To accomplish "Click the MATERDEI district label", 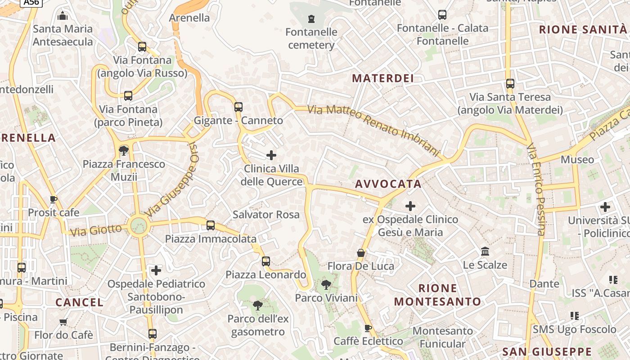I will tap(382, 78).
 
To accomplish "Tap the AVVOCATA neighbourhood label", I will tap(388, 184).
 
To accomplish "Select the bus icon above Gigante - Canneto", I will tap(238, 107).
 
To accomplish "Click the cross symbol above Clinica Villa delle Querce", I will tap(271, 155).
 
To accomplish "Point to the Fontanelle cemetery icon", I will tap(311, 19).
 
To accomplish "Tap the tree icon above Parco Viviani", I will tap(326, 284).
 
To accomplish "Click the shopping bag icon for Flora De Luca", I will tap(360, 253).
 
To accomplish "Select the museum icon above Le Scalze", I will tap(485, 251).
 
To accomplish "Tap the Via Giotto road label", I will tap(96, 230).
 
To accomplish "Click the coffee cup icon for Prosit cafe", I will tap(54, 199).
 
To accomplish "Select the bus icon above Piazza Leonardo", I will tap(266, 261).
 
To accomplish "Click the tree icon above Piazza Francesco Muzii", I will tap(124, 150).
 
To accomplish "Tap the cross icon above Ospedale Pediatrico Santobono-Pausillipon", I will tap(156, 270).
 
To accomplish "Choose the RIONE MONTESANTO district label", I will tap(437, 295).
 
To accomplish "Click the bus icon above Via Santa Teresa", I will tap(510, 84).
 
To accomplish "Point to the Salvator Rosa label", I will tap(266, 215).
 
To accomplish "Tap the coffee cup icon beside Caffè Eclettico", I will tap(368, 328).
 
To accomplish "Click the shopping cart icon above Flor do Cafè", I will tap(63, 322).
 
